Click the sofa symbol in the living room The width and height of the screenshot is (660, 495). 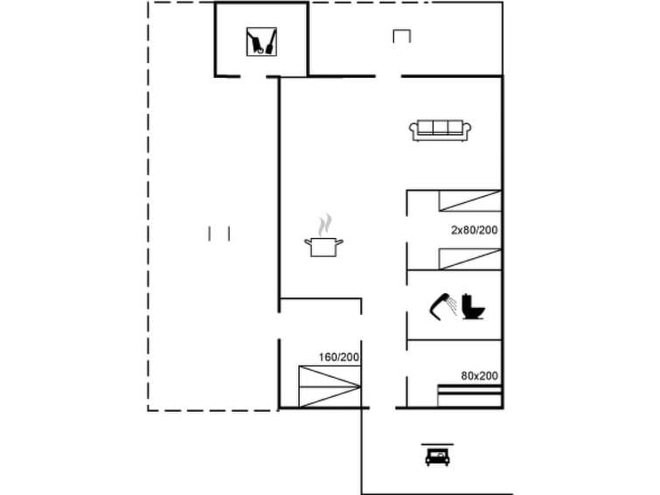pyautogui.click(x=441, y=130)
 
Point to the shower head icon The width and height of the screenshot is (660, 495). pyautogui.click(x=443, y=303)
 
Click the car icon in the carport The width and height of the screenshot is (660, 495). pyautogui.click(x=437, y=456)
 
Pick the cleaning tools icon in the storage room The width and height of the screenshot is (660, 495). pyautogui.click(x=261, y=41)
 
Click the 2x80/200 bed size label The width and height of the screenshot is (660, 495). pyautogui.click(x=474, y=230)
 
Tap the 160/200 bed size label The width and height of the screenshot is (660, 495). pyautogui.click(x=339, y=357)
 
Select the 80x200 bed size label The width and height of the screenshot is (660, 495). pyautogui.click(x=479, y=376)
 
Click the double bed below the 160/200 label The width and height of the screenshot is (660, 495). pyautogui.click(x=329, y=387)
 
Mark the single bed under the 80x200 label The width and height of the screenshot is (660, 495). pyautogui.click(x=469, y=396)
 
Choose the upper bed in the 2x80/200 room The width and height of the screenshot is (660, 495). pyautogui.click(x=469, y=201)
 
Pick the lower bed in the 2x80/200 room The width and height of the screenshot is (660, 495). pyautogui.click(x=469, y=260)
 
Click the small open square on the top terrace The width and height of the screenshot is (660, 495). pyautogui.click(x=401, y=36)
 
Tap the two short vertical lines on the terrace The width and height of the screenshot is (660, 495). pyautogui.click(x=219, y=234)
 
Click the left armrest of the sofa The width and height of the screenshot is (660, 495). pyautogui.click(x=413, y=131)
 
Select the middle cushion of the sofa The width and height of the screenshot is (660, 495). pyautogui.click(x=441, y=129)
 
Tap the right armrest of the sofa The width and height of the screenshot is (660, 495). pyautogui.click(x=468, y=131)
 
